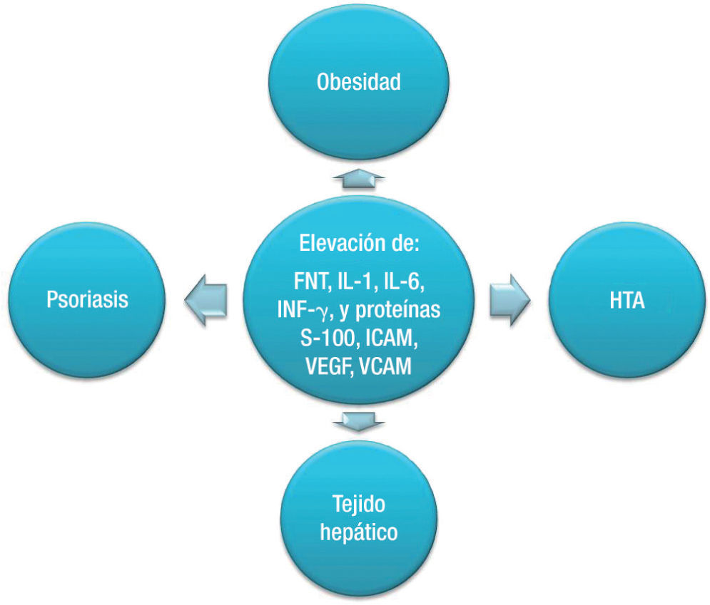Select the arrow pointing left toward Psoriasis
[x=206, y=298]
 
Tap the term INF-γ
[x=299, y=311]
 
